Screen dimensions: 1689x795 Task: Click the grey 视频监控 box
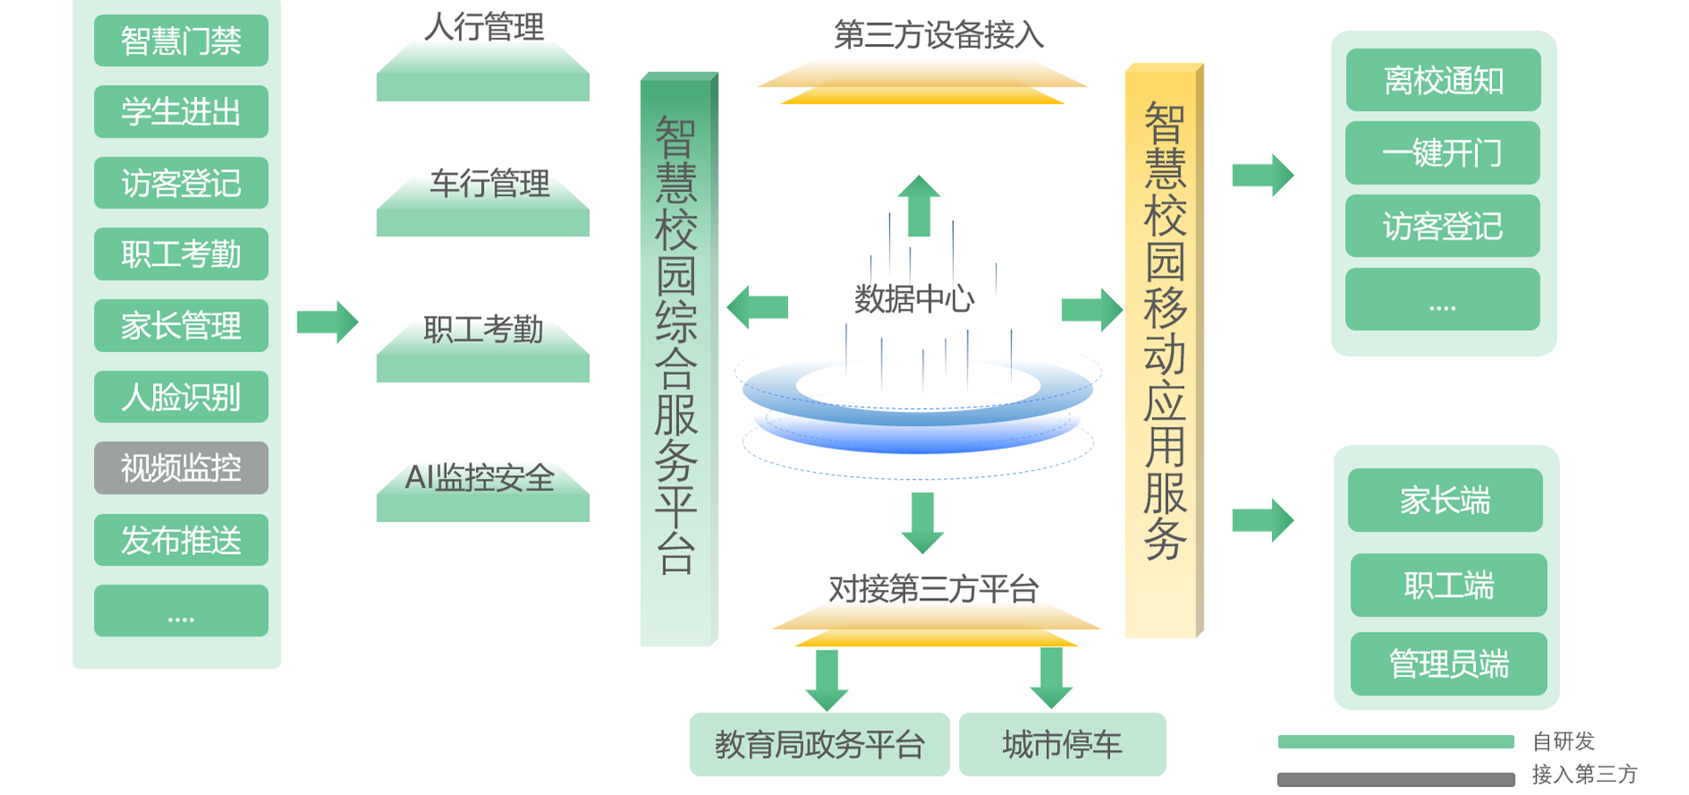tap(180, 467)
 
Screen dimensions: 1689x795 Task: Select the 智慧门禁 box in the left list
tap(180, 40)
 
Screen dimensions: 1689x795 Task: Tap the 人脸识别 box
tap(180, 397)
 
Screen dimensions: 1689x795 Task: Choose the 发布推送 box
tap(180, 540)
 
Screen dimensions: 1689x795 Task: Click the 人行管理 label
tap(484, 27)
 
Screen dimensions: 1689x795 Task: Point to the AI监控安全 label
tap(480, 478)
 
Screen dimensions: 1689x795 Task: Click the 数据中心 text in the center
tap(914, 299)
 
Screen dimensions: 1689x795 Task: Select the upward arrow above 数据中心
tap(918, 205)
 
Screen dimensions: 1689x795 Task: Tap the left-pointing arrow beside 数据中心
tap(757, 306)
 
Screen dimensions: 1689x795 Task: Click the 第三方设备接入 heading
tap(938, 35)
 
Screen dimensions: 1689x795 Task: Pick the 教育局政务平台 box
tap(819, 745)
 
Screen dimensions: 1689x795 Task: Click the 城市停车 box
tap(1062, 745)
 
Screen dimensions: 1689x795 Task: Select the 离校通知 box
tap(1443, 81)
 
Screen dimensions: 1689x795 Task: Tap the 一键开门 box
tap(1443, 153)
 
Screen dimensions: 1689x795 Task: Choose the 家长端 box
tap(1444, 500)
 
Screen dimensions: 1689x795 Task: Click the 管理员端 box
tap(1448, 664)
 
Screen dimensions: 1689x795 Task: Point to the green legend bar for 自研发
tap(1395, 741)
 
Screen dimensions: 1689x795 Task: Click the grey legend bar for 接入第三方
tap(1395, 779)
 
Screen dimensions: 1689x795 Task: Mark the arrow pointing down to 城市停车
tap(1051, 679)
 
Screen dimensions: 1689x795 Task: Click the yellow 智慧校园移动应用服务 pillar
tap(1163, 352)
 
